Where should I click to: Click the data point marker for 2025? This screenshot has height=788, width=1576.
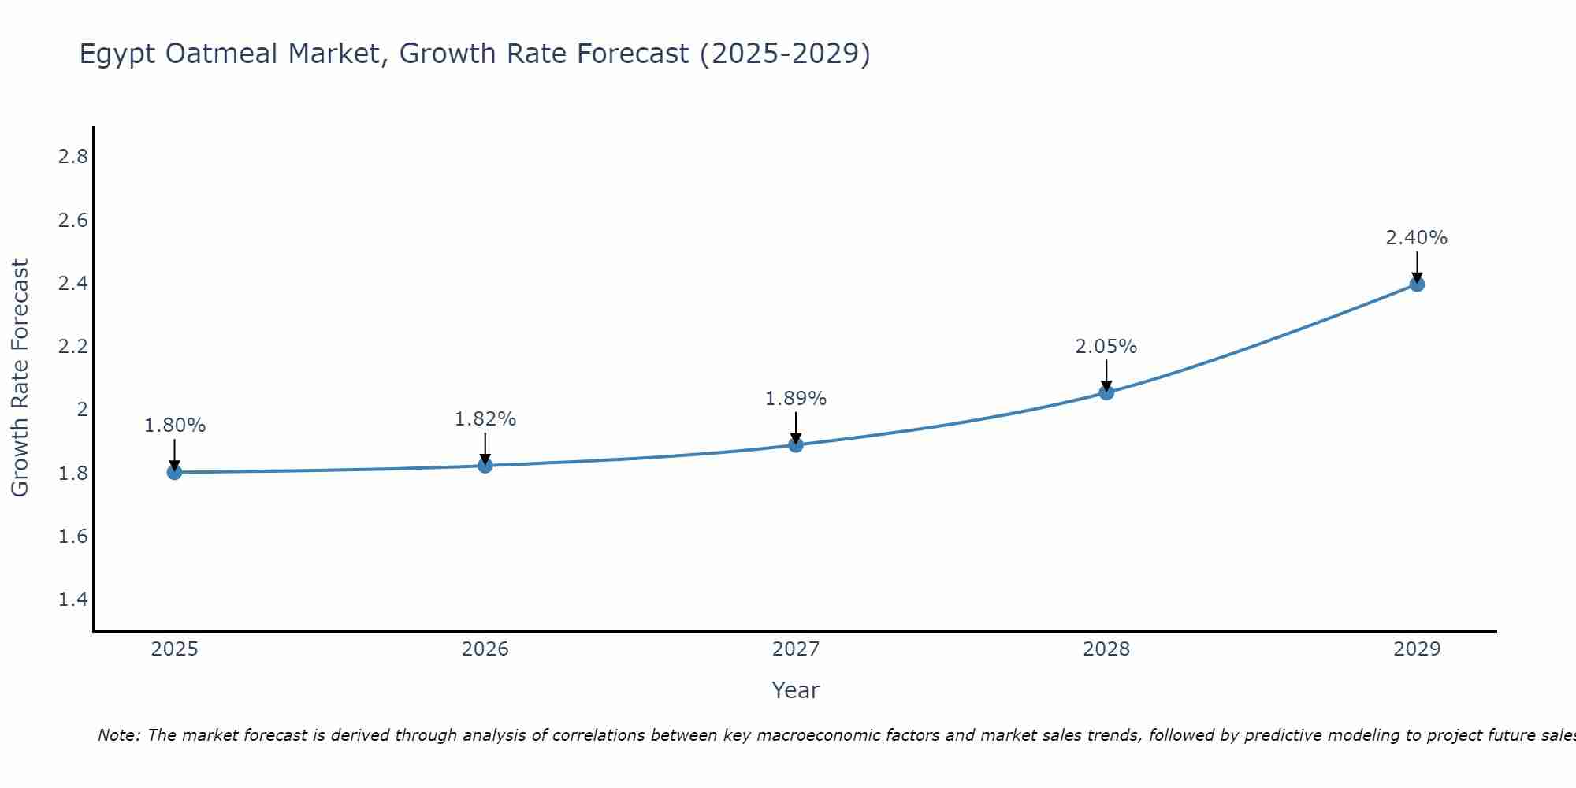point(174,472)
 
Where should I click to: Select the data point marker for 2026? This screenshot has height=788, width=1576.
point(485,466)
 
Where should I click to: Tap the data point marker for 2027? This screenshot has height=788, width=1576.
point(795,444)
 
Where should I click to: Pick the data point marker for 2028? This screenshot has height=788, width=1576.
point(1106,392)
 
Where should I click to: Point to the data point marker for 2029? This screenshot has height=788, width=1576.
point(1416,284)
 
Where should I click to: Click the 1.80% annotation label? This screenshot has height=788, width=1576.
point(174,426)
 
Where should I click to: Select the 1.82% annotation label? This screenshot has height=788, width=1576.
point(485,419)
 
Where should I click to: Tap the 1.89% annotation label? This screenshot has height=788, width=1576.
point(795,399)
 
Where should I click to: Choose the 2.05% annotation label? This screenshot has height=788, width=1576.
point(1106,347)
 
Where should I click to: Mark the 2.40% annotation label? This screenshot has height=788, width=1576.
point(1416,238)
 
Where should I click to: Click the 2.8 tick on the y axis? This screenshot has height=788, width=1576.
point(72,157)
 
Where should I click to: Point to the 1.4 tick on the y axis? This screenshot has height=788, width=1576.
point(72,600)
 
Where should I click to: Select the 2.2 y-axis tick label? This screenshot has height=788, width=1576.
point(72,347)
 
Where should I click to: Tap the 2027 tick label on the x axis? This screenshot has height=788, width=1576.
point(795,649)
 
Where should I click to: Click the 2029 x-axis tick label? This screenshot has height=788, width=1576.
point(1416,649)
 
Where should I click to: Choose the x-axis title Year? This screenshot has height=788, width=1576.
point(795,690)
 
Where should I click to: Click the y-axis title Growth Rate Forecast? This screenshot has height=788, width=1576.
point(20,378)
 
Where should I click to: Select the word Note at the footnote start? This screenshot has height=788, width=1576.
point(118,735)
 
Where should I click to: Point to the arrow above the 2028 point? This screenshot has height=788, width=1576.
point(1106,376)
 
